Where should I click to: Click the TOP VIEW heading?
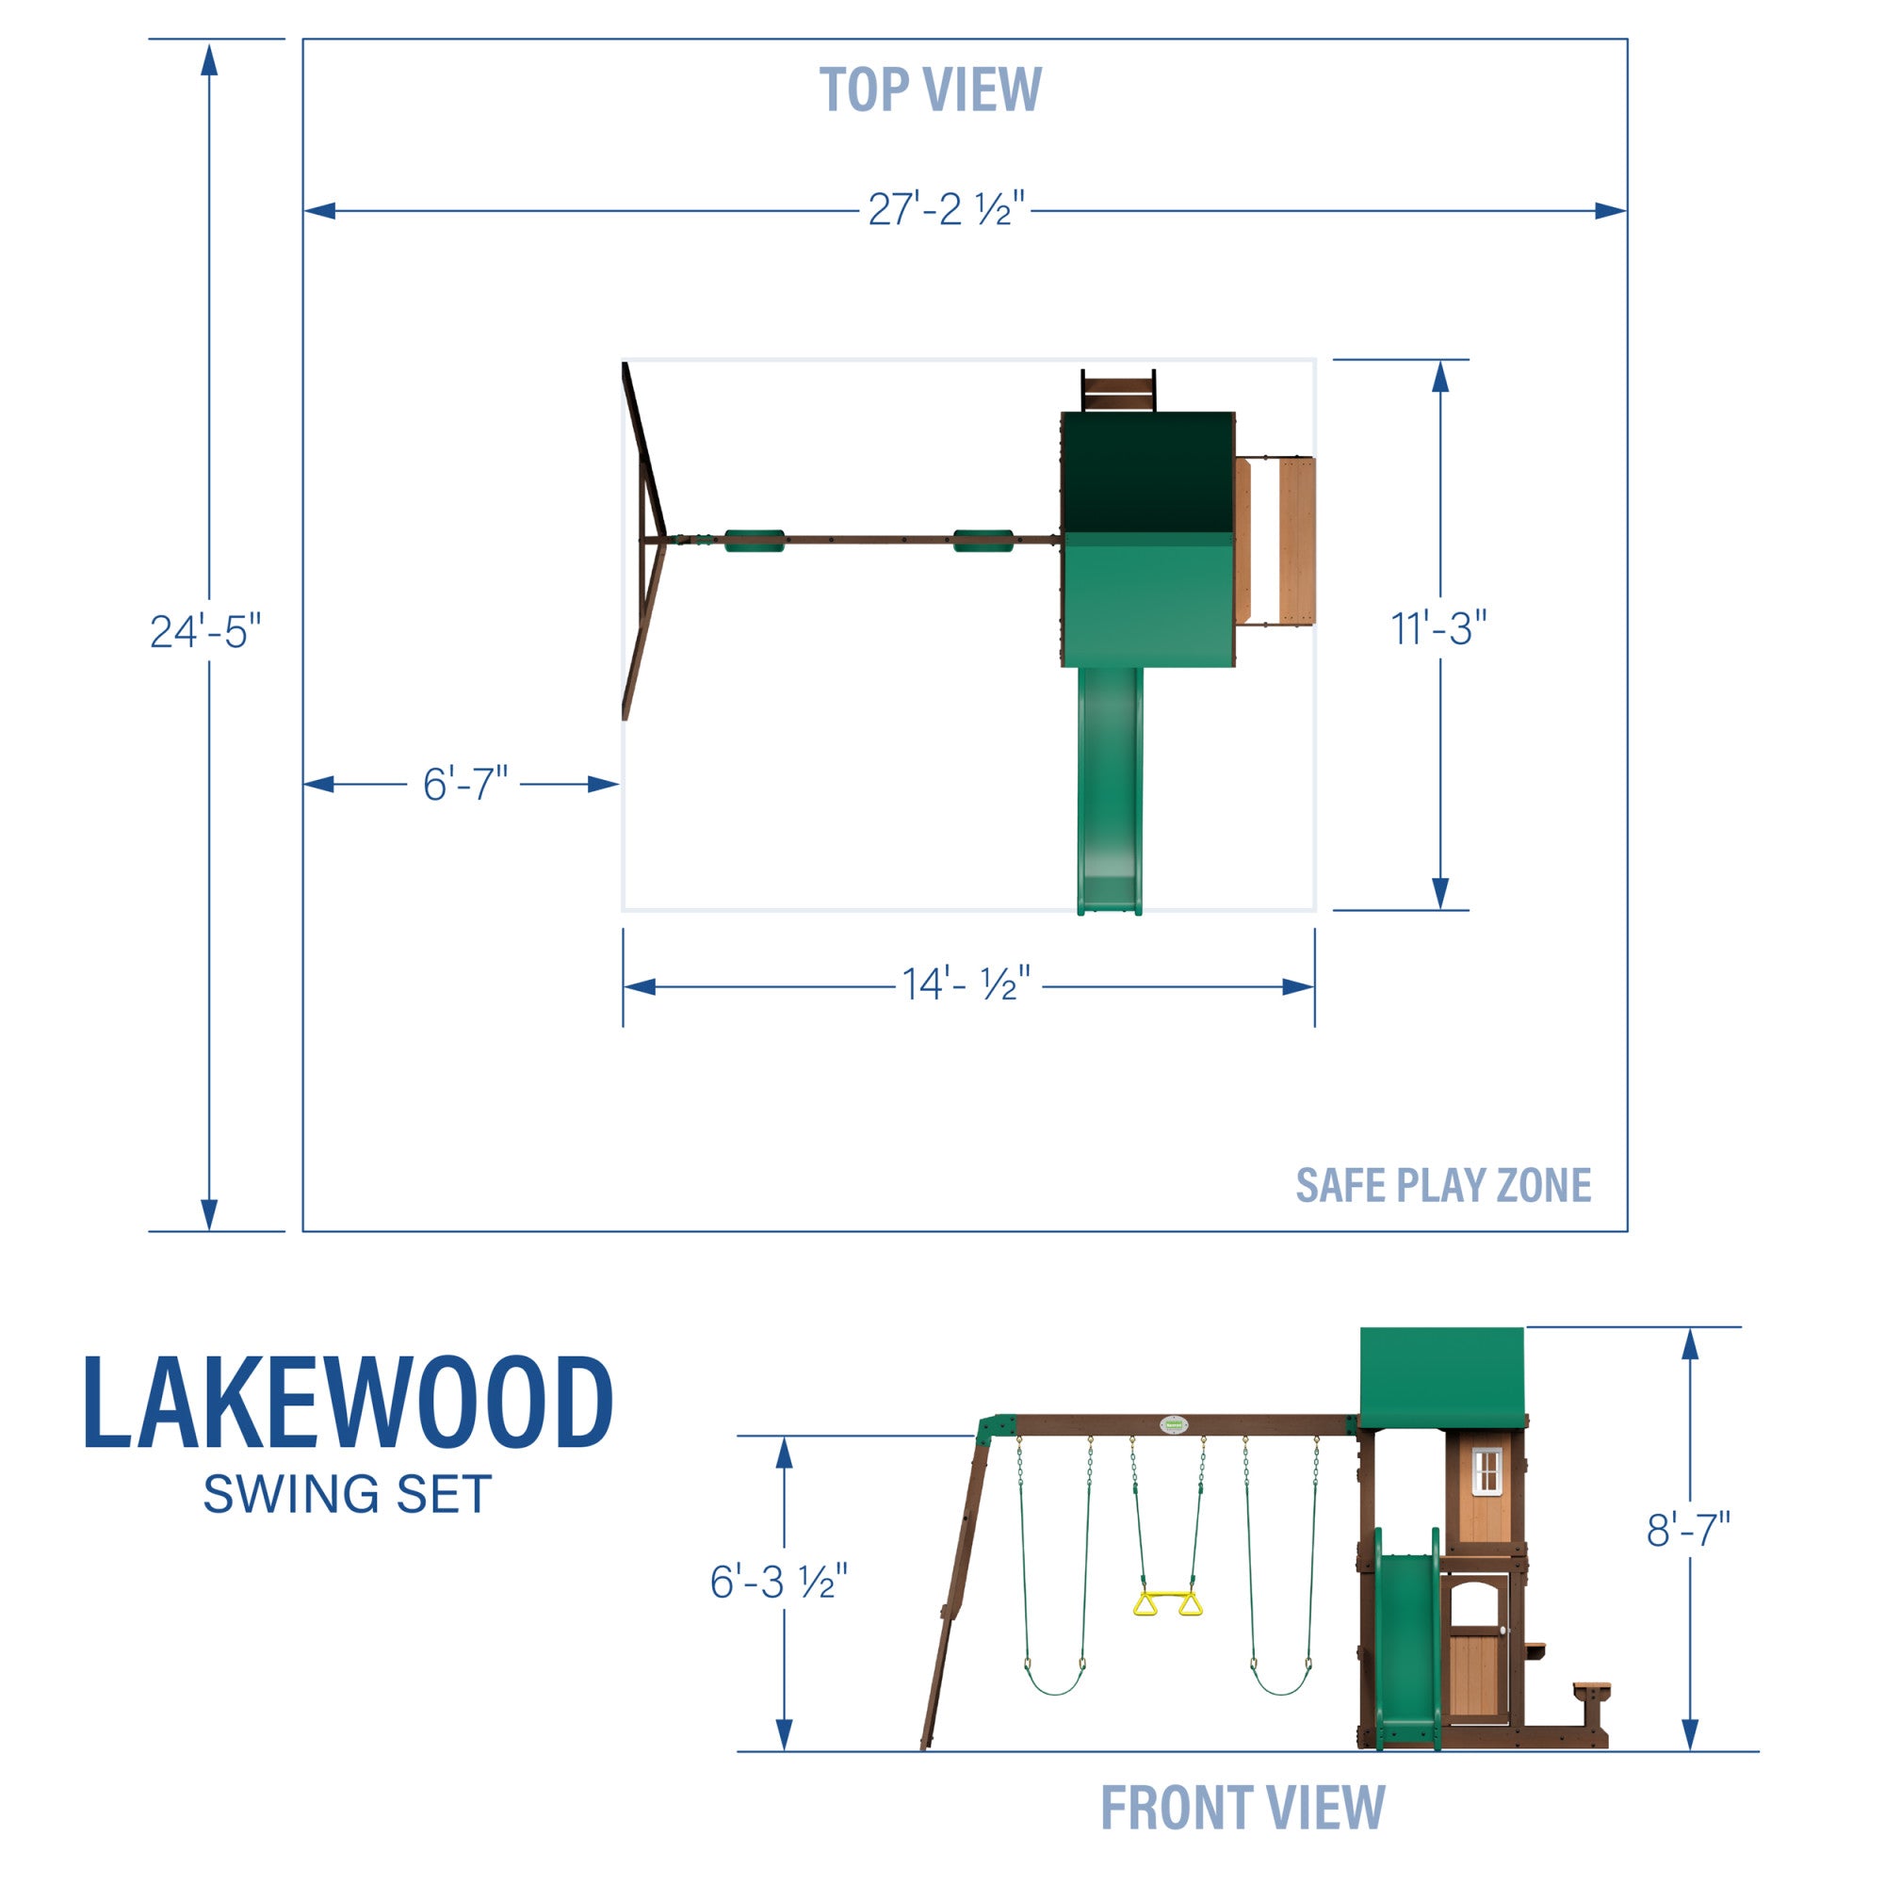tap(931, 89)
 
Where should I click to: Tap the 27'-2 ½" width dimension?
tap(945, 210)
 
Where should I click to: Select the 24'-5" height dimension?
tap(204, 631)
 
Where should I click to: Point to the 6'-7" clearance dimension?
tap(464, 784)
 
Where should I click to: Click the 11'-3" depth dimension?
tap(1438, 629)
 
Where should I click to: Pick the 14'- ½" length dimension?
tap(965, 985)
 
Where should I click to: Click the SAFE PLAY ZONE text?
tap(1442, 1186)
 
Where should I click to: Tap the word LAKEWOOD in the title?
tap(349, 1404)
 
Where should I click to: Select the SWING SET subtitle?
tap(348, 1495)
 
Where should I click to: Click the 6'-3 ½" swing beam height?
tap(778, 1582)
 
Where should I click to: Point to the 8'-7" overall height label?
tap(1688, 1530)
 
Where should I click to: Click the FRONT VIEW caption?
tap(1242, 1807)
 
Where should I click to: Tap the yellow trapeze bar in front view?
tap(1167, 1604)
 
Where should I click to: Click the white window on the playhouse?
tap(1486, 1470)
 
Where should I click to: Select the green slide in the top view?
tap(1109, 790)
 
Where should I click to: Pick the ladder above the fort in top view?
tap(1117, 392)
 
